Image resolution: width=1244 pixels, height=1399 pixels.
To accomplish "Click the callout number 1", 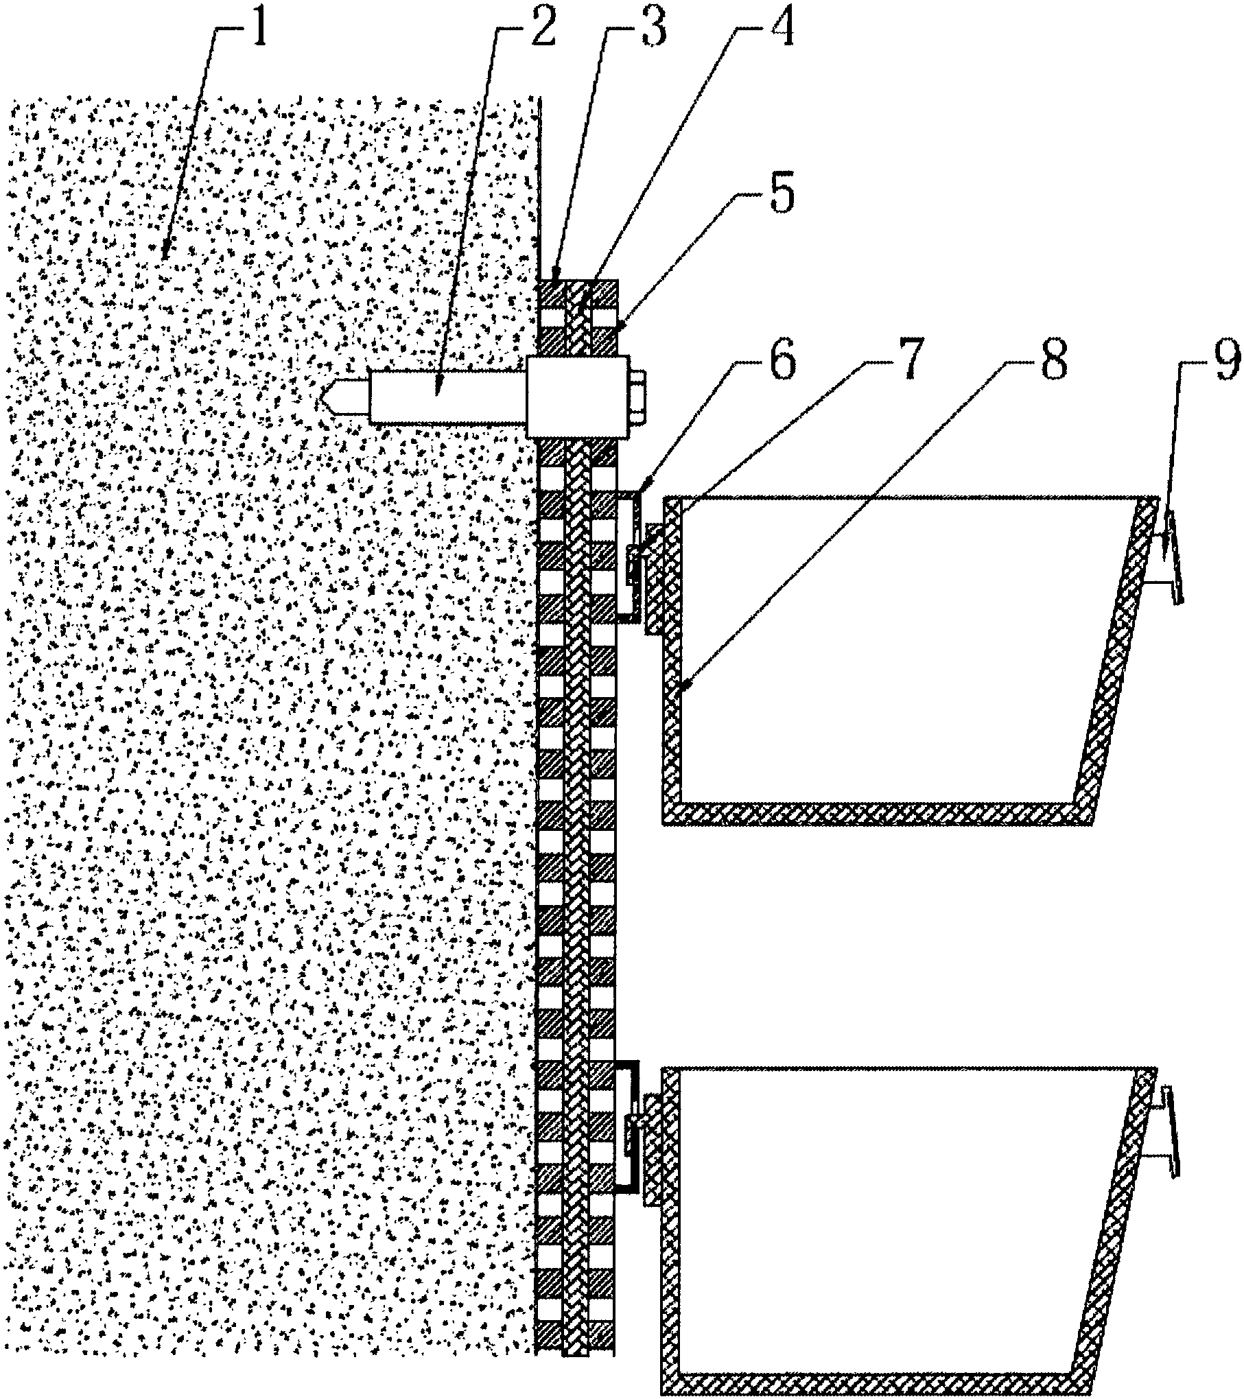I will [x=259, y=25].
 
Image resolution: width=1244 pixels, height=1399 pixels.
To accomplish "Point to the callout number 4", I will [x=779, y=25].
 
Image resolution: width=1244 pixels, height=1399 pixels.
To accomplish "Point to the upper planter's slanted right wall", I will [x=1115, y=659].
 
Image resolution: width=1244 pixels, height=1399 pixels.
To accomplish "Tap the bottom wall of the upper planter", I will [x=871, y=812].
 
